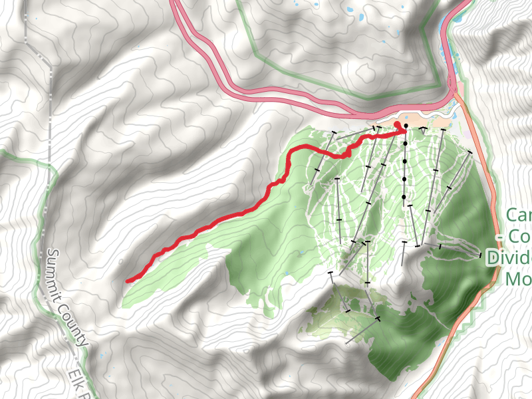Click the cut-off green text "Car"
(x=519, y=215)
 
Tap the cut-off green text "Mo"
(x=518, y=279)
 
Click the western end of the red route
(x=128, y=281)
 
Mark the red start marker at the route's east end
(x=398, y=124)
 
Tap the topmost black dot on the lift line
(x=406, y=125)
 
